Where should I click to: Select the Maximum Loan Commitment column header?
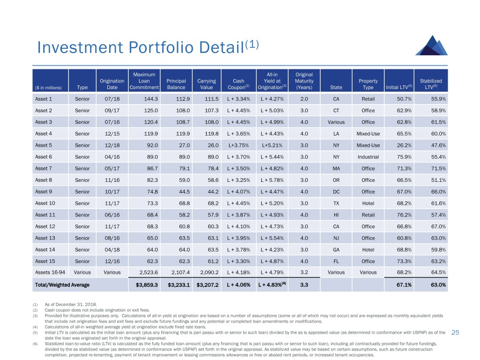[x=144, y=81]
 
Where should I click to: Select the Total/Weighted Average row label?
[x=62, y=285]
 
